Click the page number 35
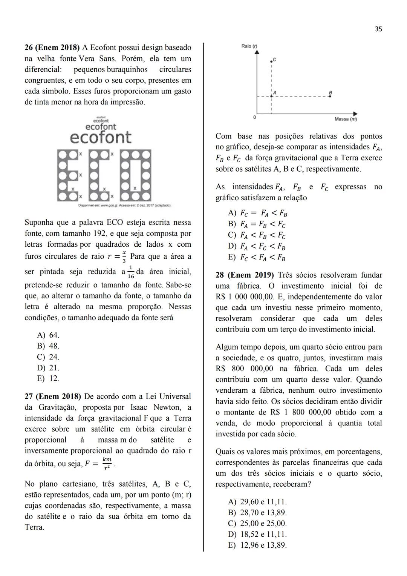tap(378, 29)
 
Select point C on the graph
tap(271, 61)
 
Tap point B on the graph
tap(330, 96)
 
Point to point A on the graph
tap(271, 96)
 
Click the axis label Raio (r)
tap(249, 46)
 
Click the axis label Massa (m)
tap(345, 119)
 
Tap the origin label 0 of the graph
tap(255, 117)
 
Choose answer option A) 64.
tap(48, 335)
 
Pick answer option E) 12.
tap(48, 378)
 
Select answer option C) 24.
tap(48, 357)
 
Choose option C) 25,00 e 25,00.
tap(257, 524)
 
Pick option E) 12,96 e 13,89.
tap(257, 545)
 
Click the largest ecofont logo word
tap(101, 137)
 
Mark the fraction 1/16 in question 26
tap(130, 272)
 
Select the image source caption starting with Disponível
tap(125, 206)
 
